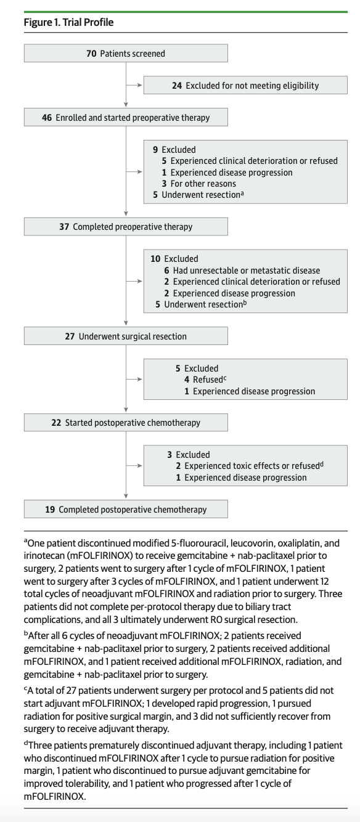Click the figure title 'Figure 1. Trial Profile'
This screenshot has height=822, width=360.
click(68, 22)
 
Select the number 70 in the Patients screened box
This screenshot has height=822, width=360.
click(91, 54)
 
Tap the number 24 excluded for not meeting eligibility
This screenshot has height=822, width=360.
click(177, 86)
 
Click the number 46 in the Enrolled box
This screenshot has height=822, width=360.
click(47, 118)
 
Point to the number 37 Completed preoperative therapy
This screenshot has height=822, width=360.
click(64, 227)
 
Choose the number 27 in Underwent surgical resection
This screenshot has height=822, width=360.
click(70, 336)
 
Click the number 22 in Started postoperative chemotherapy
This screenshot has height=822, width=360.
click(56, 422)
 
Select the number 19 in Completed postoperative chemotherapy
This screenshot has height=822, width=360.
click(50, 510)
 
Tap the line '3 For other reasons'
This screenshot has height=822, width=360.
click(199, 184)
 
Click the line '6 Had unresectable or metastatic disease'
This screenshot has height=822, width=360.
click(242, 271)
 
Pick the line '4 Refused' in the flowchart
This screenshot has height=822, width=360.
click(205, 380)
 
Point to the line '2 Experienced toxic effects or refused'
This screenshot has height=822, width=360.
click(250, 466)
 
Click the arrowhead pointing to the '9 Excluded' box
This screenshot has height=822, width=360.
click(140, 172)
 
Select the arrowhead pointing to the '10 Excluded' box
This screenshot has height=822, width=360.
click(140, 281)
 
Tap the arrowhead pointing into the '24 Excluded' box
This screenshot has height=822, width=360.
click(140, 85)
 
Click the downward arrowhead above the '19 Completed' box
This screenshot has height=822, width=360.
click(126, 496)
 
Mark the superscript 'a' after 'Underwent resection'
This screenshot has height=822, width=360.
click(242, 193)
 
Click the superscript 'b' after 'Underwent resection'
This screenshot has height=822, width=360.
click(245, 303)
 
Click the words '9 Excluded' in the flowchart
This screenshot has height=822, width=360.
click(174, 150)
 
